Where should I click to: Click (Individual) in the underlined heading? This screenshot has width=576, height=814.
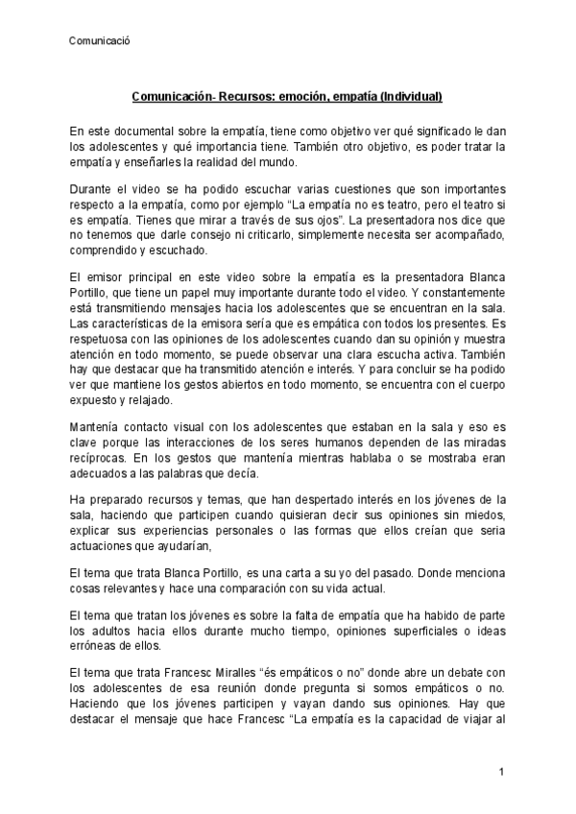pyautogui.click(x=410, y=97)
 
